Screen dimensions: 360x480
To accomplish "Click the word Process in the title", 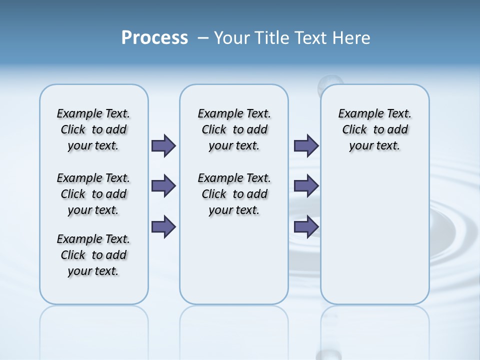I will [154, 38].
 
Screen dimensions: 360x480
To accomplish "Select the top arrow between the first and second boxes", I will [163, 145].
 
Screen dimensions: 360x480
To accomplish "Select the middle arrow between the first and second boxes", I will [163, 186].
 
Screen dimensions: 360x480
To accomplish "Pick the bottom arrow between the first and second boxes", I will [163, 226].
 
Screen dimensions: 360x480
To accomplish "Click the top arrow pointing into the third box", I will [306, 145].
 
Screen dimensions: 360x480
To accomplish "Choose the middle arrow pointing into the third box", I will [306, 186].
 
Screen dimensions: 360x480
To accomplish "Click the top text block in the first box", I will [93, 129].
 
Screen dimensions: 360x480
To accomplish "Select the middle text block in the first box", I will [93, 194].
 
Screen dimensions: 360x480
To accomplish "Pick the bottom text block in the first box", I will [93, 255].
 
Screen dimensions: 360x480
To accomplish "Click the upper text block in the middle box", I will [234, 129].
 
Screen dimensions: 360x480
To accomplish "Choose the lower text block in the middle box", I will [234, 194].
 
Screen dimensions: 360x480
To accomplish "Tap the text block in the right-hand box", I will [375, 129].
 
